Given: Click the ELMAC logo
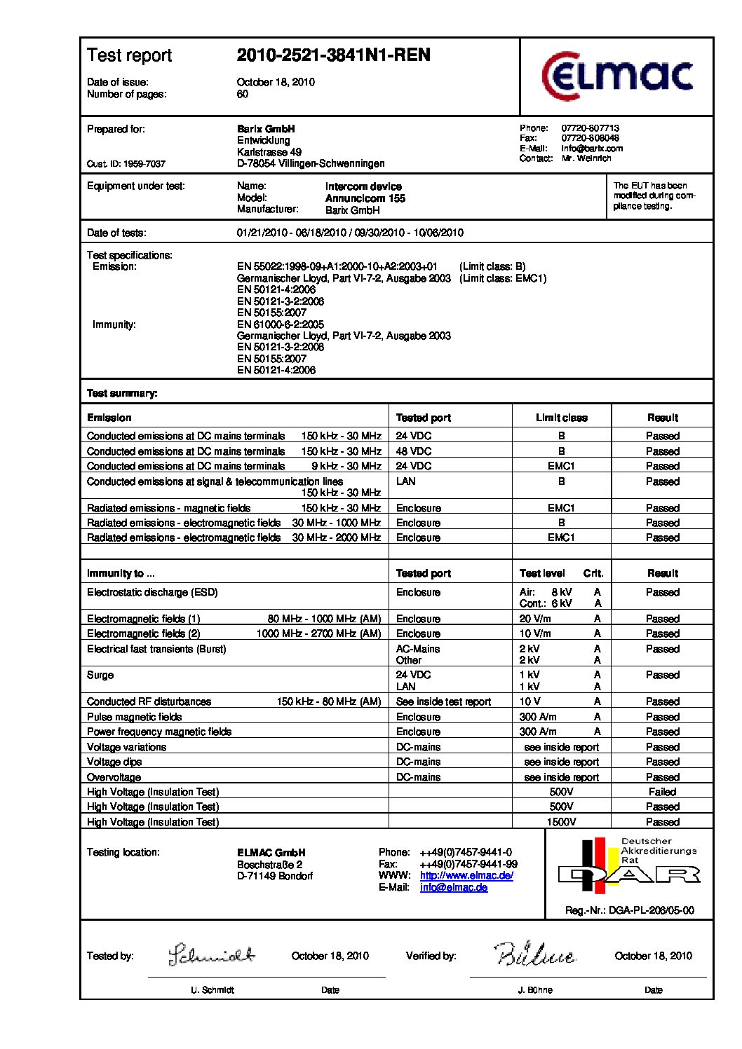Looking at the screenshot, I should tap(617, 76).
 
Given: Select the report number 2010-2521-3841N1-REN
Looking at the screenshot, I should tap(333, 55).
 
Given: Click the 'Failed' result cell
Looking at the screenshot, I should tap(662, 792).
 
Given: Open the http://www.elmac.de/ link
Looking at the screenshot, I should tap(466, 876).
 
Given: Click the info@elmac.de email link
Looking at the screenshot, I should tap(453, 888).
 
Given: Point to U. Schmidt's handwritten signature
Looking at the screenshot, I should tap(211, 955).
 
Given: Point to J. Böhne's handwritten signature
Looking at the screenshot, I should tap(534, 954).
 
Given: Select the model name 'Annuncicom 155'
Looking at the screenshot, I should tap(365, 198).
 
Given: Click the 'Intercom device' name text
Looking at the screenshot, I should tap(363, 186).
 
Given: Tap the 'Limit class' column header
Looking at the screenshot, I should tap(561, 418).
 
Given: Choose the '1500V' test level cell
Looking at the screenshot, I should tap(561, 822).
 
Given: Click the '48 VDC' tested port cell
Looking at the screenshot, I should tap(414, 451).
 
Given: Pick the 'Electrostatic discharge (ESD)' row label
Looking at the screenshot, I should tap(152, 593).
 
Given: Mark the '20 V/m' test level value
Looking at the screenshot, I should tap(535, 619).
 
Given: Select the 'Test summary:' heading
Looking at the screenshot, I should tap(122, 393).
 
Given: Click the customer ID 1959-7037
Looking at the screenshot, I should tap(126, 164).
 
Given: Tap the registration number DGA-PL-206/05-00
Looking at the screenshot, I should tap(629, 910).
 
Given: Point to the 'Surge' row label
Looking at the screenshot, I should tap(100, 676).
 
